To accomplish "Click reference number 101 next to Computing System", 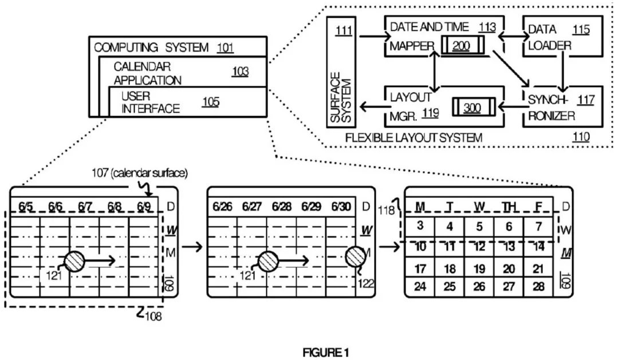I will tap(225, 48).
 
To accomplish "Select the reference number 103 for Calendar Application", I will tap(240, 72).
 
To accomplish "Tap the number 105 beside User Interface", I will tap(211, 102).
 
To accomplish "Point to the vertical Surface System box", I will tap(341, 71).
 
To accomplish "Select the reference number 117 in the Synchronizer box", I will tap(585, 100).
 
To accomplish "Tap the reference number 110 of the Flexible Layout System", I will tap(581, 137).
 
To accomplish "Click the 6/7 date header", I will tap(85, 206).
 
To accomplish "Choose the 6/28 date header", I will tap(282, 206).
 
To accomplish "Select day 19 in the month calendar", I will tap(479, 269).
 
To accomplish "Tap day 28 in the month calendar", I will tap(538, 286).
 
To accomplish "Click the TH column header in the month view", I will tap(509, 206).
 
